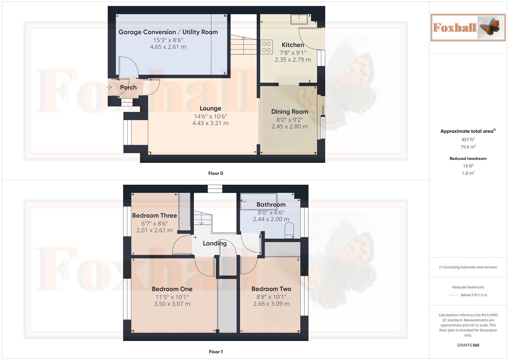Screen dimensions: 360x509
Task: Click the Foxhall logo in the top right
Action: pos(468,27)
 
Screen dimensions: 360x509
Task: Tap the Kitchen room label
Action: pos(293,45)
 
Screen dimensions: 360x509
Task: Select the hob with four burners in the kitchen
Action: pos(266,47)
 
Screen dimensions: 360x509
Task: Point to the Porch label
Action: pos(128,87)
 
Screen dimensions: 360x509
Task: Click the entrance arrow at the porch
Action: pos(109,87)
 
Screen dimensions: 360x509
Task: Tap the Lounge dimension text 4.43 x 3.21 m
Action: pos(210,123)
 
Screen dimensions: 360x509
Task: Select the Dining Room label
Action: pos(289,112)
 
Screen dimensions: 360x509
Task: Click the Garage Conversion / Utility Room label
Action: pos(168,32)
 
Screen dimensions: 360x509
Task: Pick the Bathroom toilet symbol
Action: pos(289,230)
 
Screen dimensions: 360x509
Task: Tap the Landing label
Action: pos(215,243)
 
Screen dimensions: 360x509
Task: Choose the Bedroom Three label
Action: pos(154,215)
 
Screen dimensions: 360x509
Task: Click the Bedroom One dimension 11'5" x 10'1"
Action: pos(172,297)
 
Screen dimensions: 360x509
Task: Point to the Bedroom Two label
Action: pos(271,289)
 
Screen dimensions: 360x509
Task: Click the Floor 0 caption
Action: pos(216,173)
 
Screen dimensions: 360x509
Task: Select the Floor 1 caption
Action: pos(216,352)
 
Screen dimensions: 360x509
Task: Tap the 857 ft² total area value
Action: pos(468,139)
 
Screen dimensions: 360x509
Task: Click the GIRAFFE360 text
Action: pos(468,345)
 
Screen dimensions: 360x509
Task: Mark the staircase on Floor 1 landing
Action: pos(202,218)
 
